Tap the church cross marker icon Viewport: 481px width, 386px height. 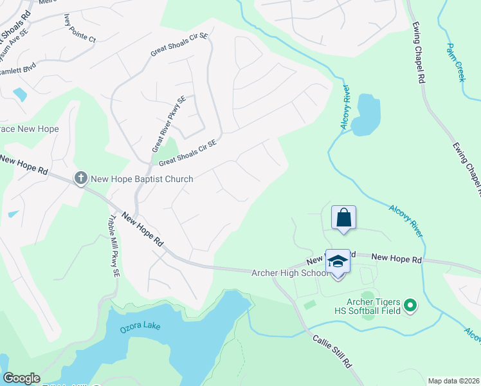[x=80, y=178]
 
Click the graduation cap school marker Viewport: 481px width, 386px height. [x=338, y=262]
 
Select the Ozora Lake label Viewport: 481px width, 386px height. [x=140, y=327]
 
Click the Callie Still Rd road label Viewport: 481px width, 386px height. [x=333, y=351]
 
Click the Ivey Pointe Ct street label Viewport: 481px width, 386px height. [x=80, y=29]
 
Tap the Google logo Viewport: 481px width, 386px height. [x=21, y=378]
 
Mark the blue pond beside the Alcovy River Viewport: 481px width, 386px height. [x=365, y=115]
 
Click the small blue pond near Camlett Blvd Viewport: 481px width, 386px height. [x=20, y=94]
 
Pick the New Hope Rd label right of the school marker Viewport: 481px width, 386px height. [x=396, y=258]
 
